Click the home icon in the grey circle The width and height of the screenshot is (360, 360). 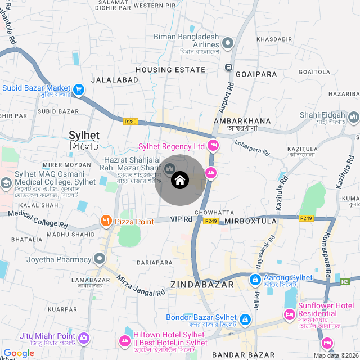click(x=179, y=180)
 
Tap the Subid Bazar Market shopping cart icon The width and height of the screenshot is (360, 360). click(x=79, y=88)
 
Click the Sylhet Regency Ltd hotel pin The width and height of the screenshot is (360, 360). click(x=213, y=146)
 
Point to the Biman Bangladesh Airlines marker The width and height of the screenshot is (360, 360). click(x=228, y=43)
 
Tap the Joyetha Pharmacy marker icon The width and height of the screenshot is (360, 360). click(x=100, y=259)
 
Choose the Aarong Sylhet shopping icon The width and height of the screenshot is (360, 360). click(x=255, y=278)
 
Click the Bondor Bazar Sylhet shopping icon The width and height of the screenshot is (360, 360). click(x=245, y=320)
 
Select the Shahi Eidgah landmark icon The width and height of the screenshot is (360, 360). click(x=353, y=117)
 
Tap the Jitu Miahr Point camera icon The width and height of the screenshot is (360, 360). click(x=84, y=338)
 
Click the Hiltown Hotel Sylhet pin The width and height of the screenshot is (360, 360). click(x=124, y=341)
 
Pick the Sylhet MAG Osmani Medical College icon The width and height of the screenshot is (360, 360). click(x=6, y=183)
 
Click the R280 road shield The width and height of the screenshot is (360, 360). click(x=130, y=120)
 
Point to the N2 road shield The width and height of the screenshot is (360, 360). click(x=345, y=281)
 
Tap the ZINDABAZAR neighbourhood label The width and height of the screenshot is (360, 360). click(x=202, y=285)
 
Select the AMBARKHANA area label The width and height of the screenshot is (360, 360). click(x=242, y=120)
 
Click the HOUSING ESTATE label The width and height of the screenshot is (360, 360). click(x=170, y=70)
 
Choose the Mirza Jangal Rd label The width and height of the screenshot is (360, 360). click(x=141, y=283)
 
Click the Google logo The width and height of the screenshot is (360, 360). click(x=19, y=353)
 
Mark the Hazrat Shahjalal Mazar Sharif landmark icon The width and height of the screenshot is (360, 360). click(x=169, y=168)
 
